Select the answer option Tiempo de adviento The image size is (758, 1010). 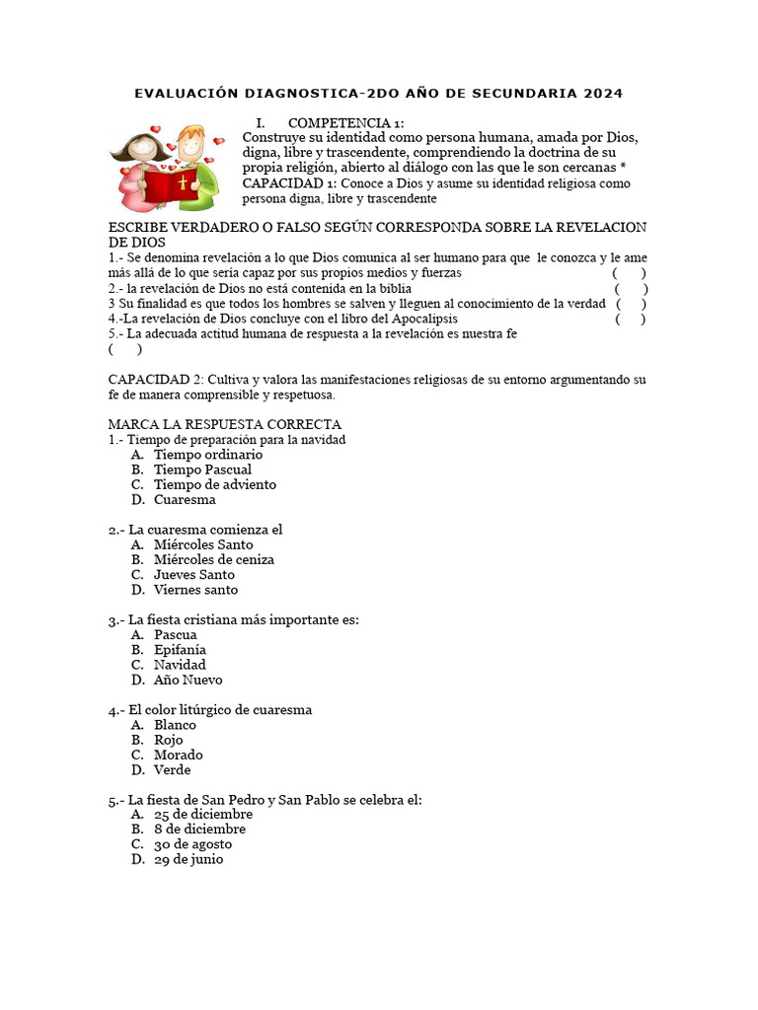(214, 484)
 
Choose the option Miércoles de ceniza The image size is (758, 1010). (213, 559)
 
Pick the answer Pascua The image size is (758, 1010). (175, 634)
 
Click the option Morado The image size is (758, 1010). (178, 755)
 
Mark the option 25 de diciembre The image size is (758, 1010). (202, 814)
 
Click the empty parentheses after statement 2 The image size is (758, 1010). (631, 288)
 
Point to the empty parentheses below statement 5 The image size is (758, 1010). (125, 348)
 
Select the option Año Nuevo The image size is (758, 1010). (188, 680)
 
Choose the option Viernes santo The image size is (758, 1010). (195, 590)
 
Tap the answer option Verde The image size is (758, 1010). (172, 769)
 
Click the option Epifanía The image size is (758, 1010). (180, 650)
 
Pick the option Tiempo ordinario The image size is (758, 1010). (207, 455)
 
